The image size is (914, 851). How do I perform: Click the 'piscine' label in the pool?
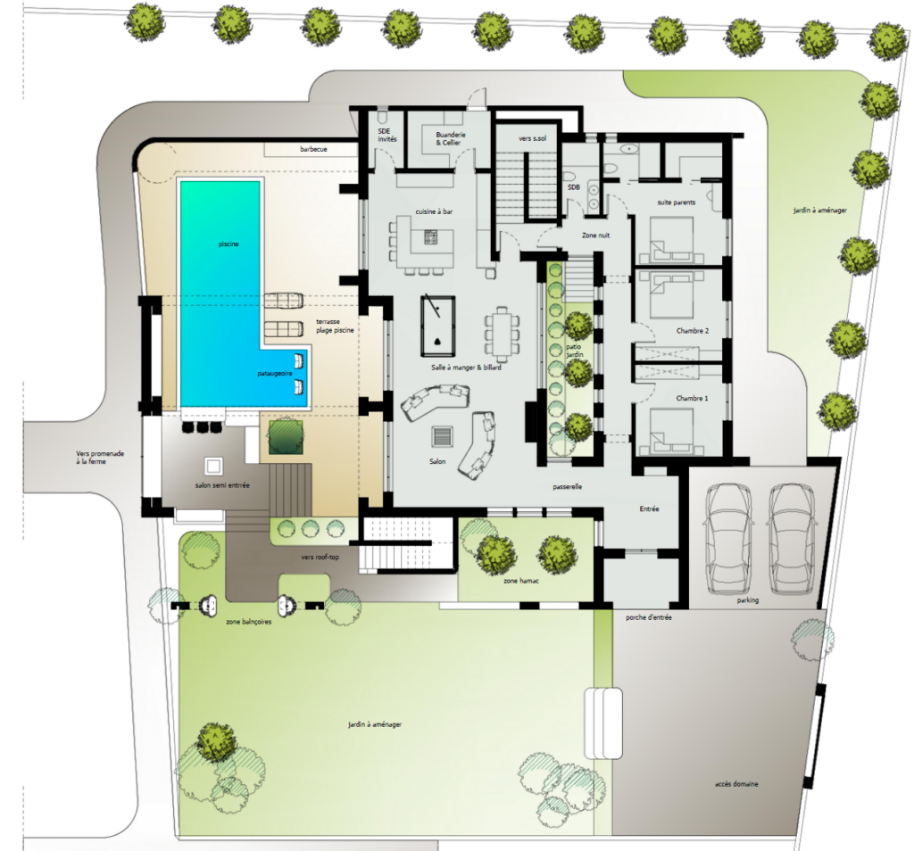(228, 244)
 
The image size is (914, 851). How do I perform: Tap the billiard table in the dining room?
(437, 326)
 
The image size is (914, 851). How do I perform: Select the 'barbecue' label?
(313, 149)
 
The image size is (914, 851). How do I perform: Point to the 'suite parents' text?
(677, 202)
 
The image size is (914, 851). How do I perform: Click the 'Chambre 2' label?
(693, 331)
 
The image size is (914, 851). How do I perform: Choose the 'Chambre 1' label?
(692, 399)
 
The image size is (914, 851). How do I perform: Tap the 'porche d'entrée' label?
(649, 617)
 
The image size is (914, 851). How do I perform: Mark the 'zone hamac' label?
(521, 581)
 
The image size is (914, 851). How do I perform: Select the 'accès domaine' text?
(736, 784)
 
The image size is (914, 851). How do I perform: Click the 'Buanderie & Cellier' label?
(451, 138)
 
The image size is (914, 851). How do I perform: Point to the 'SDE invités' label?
(387, 135)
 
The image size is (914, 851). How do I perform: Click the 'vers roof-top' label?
(320, 557)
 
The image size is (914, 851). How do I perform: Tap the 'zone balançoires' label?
(249, 622)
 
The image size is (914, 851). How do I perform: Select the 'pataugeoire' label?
(275, 374)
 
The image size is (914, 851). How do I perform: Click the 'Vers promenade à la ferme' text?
(100, 458)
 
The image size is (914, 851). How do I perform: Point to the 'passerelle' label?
(567, 486)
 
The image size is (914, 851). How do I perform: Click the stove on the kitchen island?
(431, 237)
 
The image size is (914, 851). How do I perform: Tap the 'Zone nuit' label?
(595, 235)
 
